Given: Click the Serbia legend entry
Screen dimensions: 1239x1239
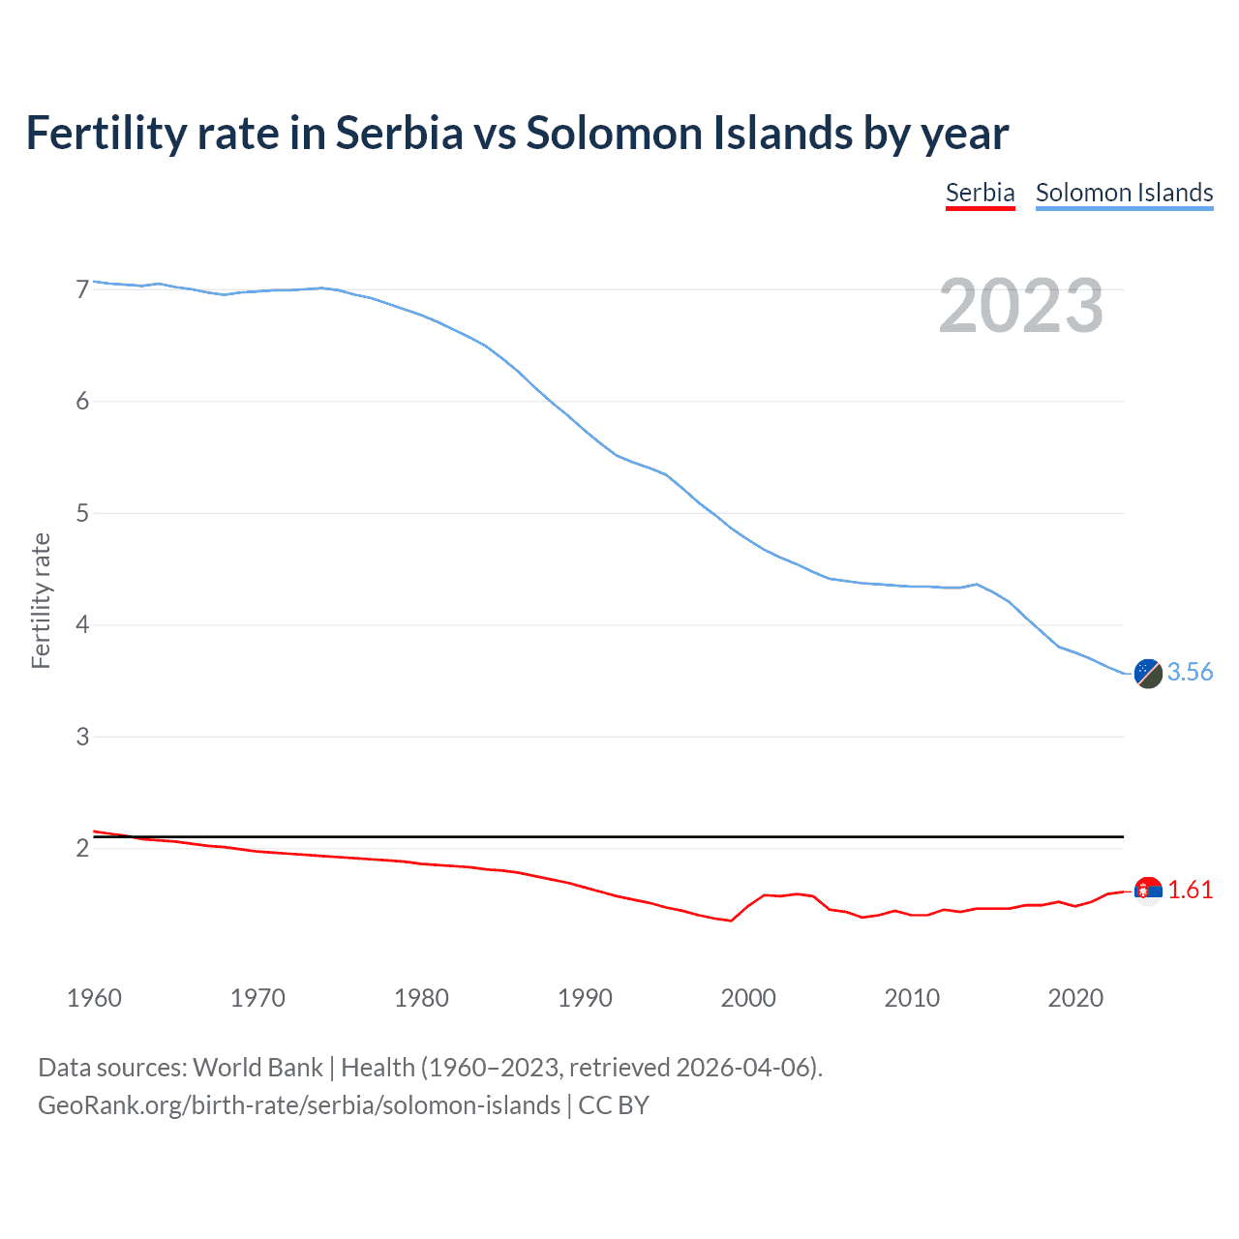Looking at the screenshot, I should coord(980,193).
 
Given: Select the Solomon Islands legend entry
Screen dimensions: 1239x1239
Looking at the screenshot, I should coord(1124,193).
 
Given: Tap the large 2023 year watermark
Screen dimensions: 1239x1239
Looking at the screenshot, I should coord(1020,306).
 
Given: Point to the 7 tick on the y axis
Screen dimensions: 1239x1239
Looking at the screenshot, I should coord(82,289).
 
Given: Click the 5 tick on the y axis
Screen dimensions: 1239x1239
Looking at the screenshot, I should coord(82,513).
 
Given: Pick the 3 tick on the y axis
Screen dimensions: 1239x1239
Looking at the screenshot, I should coord(82,737).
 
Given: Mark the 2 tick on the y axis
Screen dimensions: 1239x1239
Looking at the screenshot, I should coord(82,849).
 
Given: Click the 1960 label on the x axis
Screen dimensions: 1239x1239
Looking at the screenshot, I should coord(94,998).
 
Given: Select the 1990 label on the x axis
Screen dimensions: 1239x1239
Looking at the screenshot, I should coord(585,998).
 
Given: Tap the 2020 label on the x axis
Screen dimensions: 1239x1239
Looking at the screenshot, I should coord(1075,998).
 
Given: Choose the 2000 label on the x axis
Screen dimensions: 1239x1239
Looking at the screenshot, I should coord(748,998).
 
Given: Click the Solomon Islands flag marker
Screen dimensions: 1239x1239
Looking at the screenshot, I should coord(1148,674).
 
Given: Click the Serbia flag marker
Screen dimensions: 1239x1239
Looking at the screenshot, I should coord(1148,891).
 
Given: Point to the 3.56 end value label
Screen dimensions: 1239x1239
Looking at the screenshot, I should coord(1190,673).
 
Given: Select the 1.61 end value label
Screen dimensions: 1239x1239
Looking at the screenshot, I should coord(1190,891).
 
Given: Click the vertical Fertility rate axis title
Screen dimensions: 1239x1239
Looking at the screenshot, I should coord(41,600).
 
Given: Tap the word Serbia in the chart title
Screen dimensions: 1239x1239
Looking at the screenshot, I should coord(400,134).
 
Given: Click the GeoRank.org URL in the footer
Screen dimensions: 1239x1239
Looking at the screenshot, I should coord(298,1105).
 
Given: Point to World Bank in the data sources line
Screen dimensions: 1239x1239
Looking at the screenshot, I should coord(257,1068).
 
